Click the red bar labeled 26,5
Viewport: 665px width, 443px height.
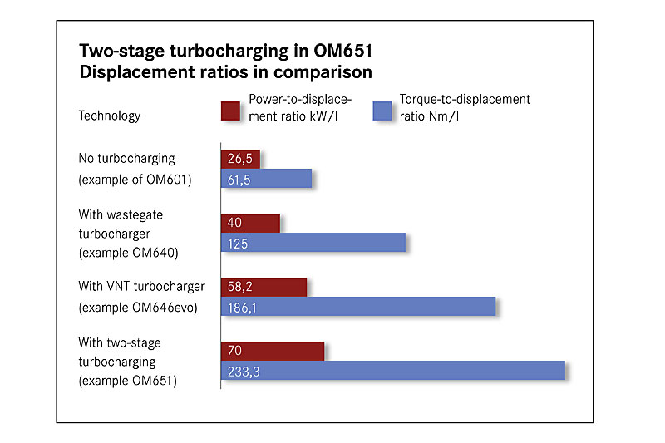click(240, 159)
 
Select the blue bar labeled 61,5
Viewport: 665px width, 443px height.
click(266, 179)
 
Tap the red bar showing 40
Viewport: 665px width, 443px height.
click(250, 223)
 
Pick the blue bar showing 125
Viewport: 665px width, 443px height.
click(313, 243)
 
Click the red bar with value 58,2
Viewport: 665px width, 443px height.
click(264, 287)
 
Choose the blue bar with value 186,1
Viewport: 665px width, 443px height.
click(358, 307)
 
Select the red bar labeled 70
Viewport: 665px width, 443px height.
click(273, 351)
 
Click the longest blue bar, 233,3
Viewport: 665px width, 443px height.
click(393, 371)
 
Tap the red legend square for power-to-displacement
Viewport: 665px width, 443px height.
click(230, 111)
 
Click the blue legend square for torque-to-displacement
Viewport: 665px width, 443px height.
click(382, 111)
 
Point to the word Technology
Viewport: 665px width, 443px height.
click(110, 116)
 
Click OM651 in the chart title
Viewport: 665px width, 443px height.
click(342, 51)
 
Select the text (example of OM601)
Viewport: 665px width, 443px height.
click(135, 180)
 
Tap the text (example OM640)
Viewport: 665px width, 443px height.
click(128, 253)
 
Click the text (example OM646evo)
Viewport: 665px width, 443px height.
click(138, 307)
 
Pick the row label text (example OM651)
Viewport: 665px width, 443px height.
click(128, 381)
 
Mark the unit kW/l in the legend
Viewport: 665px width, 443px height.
click(323, 116)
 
